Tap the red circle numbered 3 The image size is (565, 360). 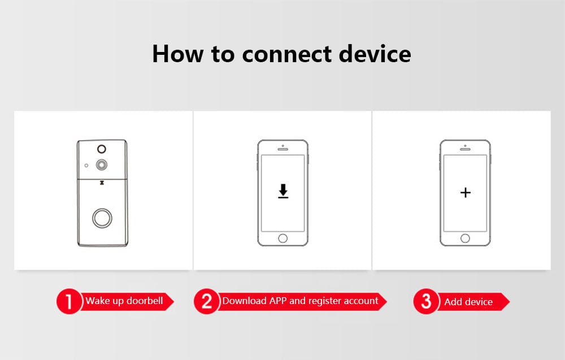tap(426, 302)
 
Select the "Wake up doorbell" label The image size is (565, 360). tap(124, 301)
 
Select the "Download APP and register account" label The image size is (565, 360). tap(300, 301)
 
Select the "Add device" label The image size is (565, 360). tap(468, 302)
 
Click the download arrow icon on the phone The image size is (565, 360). tap(283, 192)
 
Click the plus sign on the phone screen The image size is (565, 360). tap(466, 193)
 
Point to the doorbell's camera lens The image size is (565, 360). tap(102, 165)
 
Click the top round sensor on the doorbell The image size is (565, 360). tap(102, 149)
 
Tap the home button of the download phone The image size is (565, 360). tap(283, 238)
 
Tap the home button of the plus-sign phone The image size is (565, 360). tap(466, 238)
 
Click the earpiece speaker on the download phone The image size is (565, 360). tap(283, 150)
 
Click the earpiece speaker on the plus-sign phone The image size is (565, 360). tap(466, 150)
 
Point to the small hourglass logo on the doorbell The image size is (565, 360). tap(102, 183)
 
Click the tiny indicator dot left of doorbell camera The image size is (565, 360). tap(86, 166)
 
